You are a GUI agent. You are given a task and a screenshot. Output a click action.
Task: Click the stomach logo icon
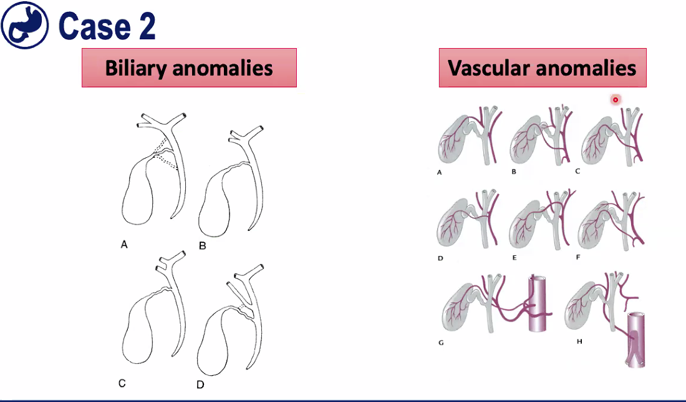tap(25, 25)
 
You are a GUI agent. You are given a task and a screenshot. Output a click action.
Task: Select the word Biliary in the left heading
tap(136, 67)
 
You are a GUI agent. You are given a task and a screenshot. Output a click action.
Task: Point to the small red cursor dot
tap(615, 99)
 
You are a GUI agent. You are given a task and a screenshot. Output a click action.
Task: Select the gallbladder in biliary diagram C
tap(140, 331)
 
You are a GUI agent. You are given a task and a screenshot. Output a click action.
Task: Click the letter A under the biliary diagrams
tap(124, 245)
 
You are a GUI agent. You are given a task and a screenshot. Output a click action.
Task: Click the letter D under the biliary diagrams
tap(200, 385)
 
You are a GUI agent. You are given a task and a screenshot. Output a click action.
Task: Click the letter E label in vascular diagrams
tap(513, 257)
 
